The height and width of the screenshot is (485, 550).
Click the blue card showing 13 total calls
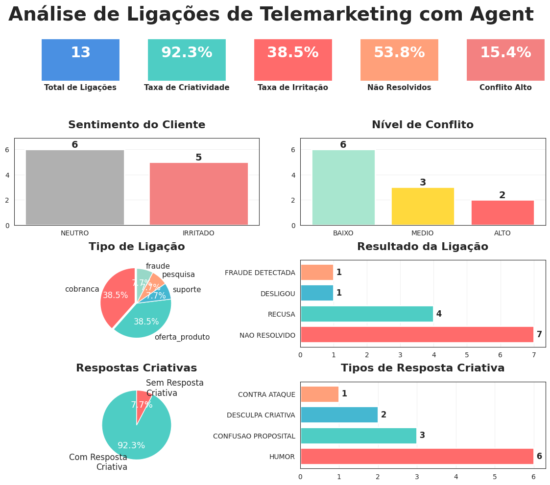click(x=80, y=60)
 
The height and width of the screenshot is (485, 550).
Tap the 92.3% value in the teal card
click(x=187, y=53)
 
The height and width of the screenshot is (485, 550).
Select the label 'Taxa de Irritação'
click(x=293, y=88)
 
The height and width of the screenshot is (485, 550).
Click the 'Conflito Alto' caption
click(x=505, y=88)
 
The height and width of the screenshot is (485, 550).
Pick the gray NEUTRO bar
click(x=75, y=187)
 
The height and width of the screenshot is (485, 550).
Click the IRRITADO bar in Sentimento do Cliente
click(x=198, y=194)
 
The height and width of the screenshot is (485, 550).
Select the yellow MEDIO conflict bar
click(x=423, y=206)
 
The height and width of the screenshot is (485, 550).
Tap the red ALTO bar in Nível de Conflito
click(x=502, y=212)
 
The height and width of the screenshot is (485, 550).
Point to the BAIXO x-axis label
click(x=343, y=233)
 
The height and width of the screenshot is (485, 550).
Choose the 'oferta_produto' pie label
click(x=182, y=337)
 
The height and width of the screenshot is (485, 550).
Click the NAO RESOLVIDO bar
click(x=417, y=335)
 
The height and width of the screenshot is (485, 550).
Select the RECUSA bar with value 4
click(x=367, y=314)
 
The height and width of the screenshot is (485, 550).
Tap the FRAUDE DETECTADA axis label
click(x=260, y=273)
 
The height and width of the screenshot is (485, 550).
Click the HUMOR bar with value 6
click(x=417, y=456)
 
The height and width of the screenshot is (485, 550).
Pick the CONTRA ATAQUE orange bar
click(x=319, y=394)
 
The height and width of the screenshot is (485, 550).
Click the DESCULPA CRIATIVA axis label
click(x=261, y=415)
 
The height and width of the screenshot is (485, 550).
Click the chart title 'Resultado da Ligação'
click(x=422, y=247)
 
